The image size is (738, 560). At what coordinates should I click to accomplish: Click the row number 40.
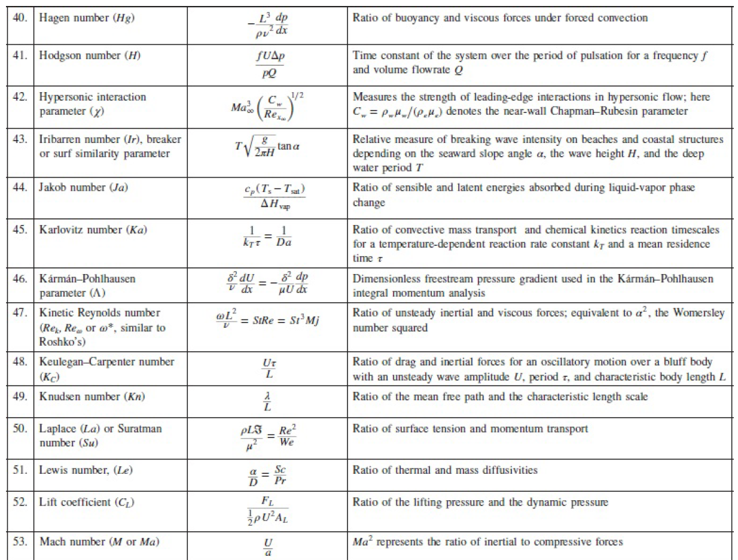point(20,18)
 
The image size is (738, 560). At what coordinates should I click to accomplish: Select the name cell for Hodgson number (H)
point(90,56)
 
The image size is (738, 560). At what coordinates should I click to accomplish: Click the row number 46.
point(20,279)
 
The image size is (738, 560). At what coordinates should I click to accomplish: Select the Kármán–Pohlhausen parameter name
point(86,286)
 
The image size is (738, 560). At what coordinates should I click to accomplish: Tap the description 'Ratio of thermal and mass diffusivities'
point(445,470)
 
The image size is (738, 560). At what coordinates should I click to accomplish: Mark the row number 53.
point(20,542)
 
